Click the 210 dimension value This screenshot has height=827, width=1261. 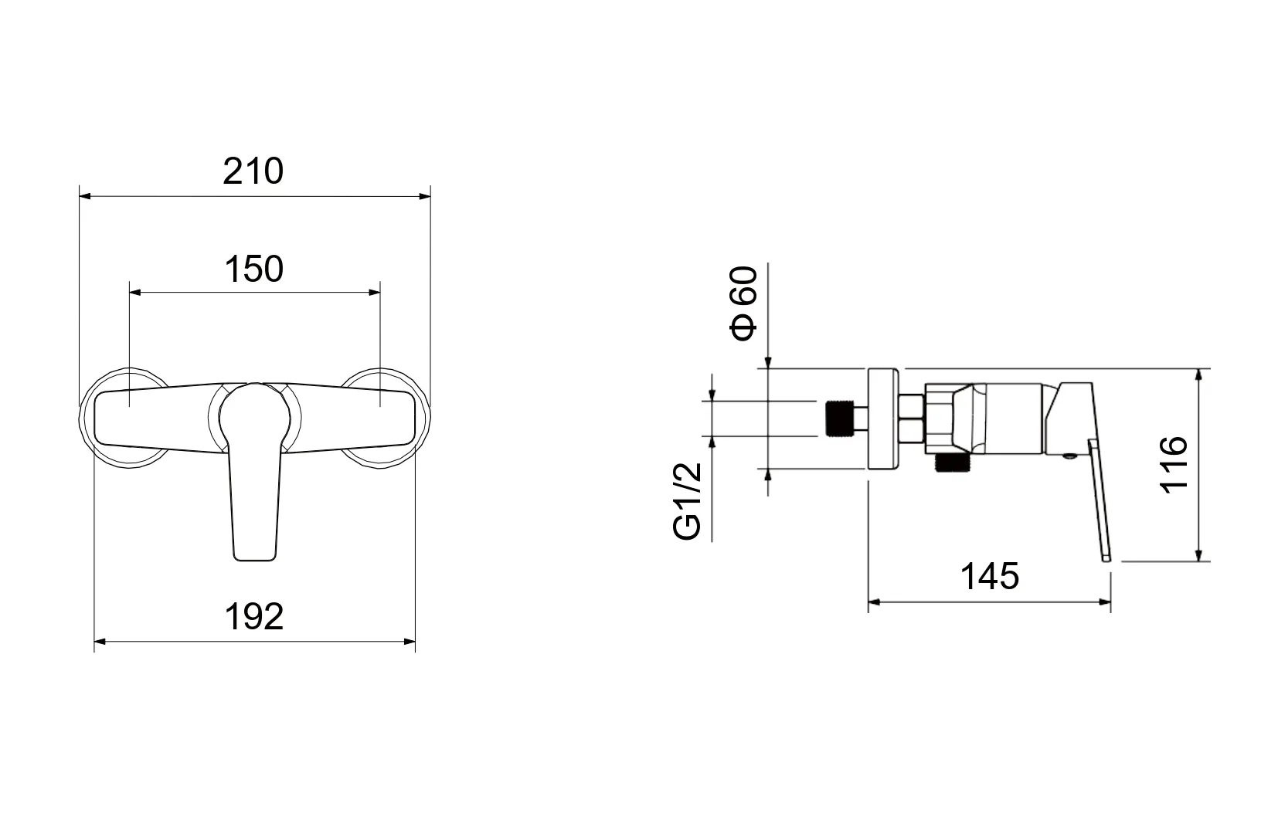[253, 171]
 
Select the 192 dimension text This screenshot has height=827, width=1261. [254, 617]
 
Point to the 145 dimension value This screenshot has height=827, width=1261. [990, 577]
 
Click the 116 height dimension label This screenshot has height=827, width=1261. [1174, 465]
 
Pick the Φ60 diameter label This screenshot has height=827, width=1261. [743, 303]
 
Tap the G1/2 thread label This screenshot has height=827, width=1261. [688, 501]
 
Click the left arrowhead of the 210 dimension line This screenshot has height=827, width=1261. [85, 196]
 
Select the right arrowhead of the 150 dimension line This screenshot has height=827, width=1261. [374, 293]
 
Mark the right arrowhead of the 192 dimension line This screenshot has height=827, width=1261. [410, 642]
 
